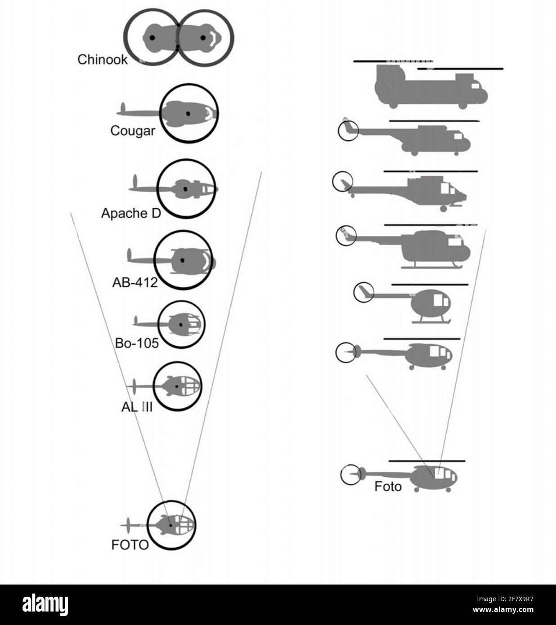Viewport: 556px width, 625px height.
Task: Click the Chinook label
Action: coord(102,59)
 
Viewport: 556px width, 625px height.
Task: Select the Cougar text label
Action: coord(132,131)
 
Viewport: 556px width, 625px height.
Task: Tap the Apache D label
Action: coord(130,213)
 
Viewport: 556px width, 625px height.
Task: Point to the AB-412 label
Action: coord(135,283)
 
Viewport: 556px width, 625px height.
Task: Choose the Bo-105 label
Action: coord(137,343)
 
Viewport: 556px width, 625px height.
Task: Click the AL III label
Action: coord(137,407)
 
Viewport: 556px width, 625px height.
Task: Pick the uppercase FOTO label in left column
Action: coord(130,545)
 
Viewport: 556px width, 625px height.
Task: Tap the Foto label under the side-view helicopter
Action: coord(388,487)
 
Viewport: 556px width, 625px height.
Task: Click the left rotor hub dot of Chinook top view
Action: coord(152,38)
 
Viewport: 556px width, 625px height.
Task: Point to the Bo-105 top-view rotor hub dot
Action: coord(181,324)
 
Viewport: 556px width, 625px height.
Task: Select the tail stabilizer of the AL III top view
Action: coord(134,386)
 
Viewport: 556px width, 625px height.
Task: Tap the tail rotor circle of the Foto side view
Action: coord(350,475)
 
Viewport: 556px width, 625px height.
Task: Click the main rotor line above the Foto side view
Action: coord(426,461)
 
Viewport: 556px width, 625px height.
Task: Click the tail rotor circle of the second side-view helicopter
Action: coord(348,131)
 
